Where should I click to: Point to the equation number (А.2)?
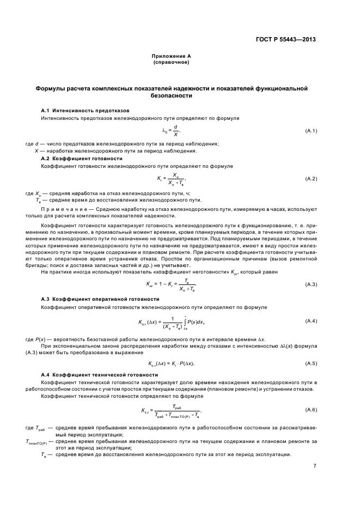coord(312,179)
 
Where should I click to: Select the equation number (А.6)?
coord(312,409)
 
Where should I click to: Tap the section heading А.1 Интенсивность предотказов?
coord(77,110)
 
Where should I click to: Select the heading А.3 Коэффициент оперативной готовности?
coord(93,299)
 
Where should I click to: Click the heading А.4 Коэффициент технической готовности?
coord(92,375)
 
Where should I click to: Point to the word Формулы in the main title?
coord(52,87)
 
